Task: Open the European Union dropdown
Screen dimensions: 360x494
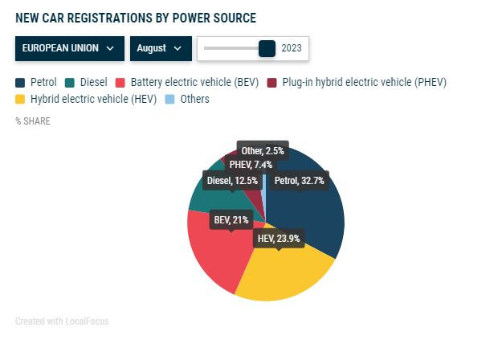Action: [68, 48]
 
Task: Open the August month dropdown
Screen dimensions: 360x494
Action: [161, 48]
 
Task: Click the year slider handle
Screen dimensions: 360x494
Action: [267, 48]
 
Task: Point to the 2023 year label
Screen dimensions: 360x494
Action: [292, 48]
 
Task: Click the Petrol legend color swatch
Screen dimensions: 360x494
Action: [20, 82]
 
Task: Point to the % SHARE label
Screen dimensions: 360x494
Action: [32, 121]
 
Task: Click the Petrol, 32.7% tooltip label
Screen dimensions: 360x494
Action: [299, 181]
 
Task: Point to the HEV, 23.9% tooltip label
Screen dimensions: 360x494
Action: [278, 239]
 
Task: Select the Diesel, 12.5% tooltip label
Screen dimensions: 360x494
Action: [231, 181]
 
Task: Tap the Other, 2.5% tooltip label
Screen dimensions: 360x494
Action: [262, 150]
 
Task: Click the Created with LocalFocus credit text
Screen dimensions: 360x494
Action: [62, 321]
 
